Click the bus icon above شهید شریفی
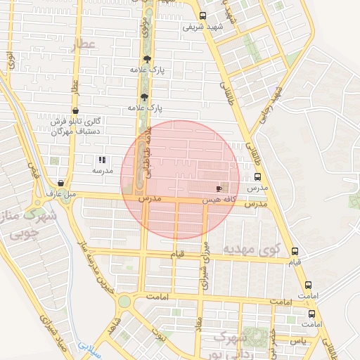coord(203,15)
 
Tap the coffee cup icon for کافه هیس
coord(218,188)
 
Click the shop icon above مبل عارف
coord(61,183)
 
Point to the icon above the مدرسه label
coord(102,160)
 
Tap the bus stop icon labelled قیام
coord(294,251)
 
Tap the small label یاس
coord(300,340)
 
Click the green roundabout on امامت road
coord(124,302)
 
